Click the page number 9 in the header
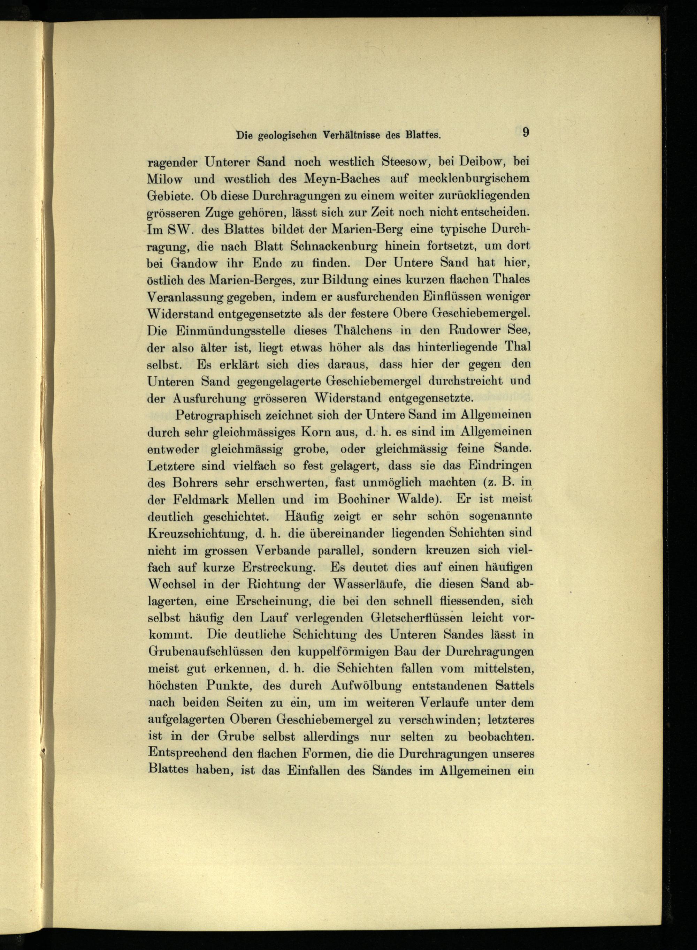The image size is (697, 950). pos(525,132)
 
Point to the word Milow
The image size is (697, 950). pos(165,179)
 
